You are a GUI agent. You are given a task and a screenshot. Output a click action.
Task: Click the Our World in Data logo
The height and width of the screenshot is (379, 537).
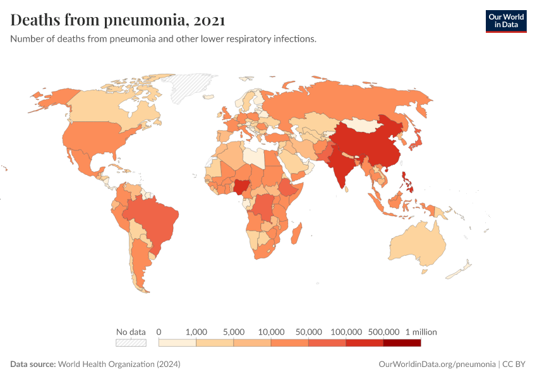(505, 21)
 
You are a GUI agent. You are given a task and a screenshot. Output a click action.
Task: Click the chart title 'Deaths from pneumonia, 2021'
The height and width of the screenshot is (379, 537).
(118, 20)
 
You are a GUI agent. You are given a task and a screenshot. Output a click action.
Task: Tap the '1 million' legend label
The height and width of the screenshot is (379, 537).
(421, 332)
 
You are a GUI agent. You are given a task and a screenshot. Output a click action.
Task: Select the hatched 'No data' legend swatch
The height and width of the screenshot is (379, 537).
(131, 343)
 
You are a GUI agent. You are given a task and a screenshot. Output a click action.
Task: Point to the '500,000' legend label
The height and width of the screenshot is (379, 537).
(383, 332)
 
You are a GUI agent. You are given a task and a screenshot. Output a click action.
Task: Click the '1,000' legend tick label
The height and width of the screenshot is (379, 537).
(196, 332)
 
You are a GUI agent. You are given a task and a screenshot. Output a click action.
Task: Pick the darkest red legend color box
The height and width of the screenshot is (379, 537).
(402, 343)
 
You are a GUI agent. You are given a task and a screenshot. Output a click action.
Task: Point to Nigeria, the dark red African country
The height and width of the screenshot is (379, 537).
(242, 186)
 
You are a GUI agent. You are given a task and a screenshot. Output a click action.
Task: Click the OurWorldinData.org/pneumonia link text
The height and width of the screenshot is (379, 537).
(437, 364)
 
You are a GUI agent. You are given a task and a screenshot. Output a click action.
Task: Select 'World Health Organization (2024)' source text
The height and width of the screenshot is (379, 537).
(119, 364)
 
